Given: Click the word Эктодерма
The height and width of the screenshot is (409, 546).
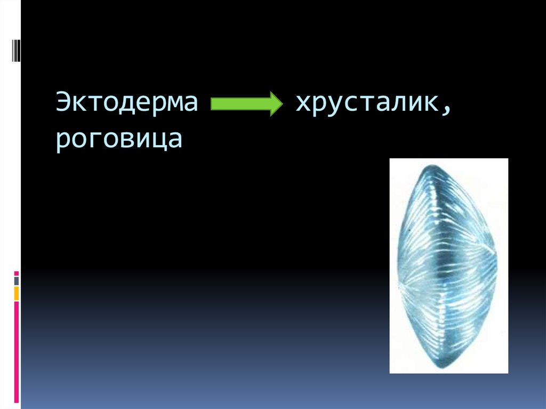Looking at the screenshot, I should point(127,102).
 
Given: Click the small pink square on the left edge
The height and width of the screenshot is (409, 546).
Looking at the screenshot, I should point(17,272).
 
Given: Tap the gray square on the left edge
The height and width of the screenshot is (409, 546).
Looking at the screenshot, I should point(17,280).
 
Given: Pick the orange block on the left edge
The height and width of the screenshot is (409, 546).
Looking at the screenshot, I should point(17,293).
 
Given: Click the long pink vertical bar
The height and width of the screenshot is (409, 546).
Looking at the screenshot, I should point(17,352).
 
